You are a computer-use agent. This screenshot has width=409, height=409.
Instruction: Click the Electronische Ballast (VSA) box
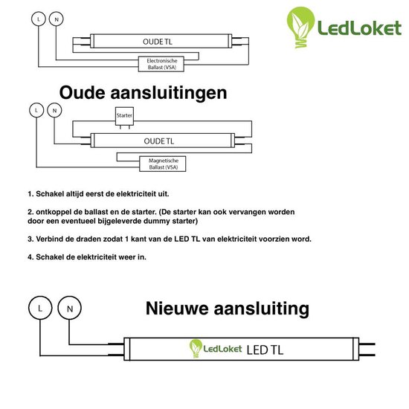[161, 64]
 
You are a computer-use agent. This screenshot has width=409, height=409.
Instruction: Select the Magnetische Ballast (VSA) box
[163, 164]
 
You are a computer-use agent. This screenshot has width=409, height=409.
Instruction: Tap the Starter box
[124, 116]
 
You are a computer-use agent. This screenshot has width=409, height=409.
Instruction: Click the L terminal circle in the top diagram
[39, 19]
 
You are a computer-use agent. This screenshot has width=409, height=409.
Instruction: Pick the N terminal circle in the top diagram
[56, 19]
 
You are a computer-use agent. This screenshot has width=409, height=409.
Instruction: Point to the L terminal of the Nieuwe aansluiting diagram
[40, 308]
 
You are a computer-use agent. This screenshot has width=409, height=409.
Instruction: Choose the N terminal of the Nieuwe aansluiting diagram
[69, 308]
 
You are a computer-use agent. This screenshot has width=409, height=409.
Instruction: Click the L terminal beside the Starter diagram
[36, 110]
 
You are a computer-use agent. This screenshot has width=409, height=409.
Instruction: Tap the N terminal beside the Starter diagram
[54, 110]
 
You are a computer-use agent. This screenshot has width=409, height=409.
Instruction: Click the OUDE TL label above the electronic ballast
[158, 42]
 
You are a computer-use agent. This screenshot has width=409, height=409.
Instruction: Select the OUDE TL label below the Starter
[159, 141]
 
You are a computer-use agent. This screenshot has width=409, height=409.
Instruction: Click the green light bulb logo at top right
[300, 27]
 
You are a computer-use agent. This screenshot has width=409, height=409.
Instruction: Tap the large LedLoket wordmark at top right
[359, 28]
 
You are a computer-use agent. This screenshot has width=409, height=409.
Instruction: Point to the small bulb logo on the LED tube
[196, 348]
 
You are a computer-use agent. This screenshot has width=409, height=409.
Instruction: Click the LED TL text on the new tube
[265, 350]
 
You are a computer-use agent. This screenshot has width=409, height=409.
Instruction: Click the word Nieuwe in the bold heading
[178, 309]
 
